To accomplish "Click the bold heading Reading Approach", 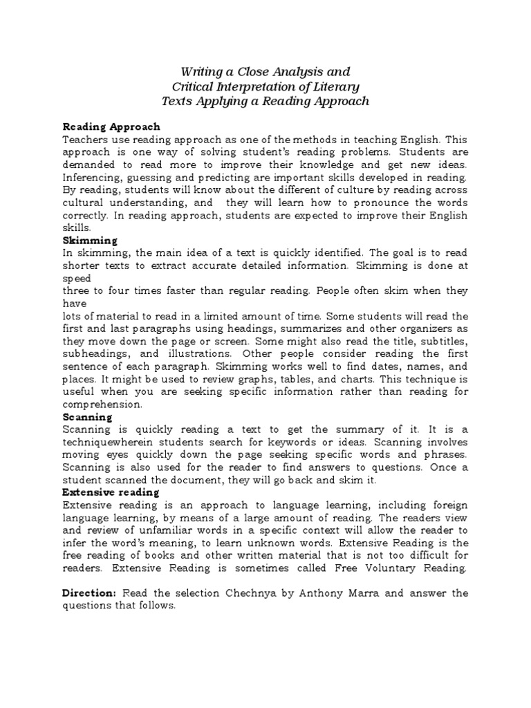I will click(111, 127).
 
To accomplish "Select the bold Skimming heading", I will click(90, 240).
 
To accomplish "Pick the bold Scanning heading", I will click(88, 418).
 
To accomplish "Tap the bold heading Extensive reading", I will click(111, 492).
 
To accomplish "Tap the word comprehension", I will click(102, 404).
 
